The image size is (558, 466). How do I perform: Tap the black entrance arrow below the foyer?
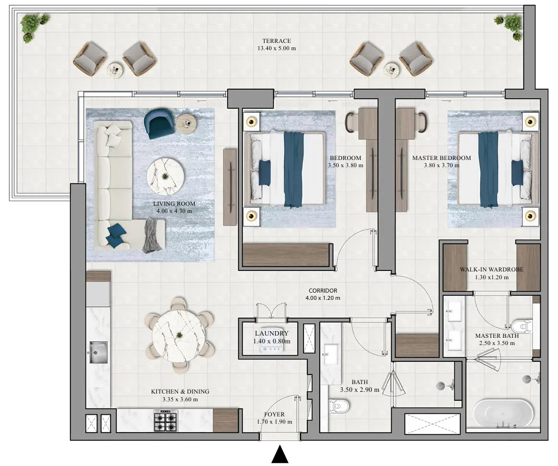coord(280,454)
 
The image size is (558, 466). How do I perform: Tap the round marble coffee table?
coord(166,176)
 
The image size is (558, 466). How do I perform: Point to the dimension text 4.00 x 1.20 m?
coord(323,298)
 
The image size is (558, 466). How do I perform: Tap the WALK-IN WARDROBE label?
coord(491,269)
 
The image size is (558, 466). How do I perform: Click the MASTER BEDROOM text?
coord(441,158)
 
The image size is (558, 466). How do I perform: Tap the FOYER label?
coord(274,414)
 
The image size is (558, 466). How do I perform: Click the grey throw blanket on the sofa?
coord(151,235)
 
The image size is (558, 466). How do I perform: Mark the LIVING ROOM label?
coord(174,204)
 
